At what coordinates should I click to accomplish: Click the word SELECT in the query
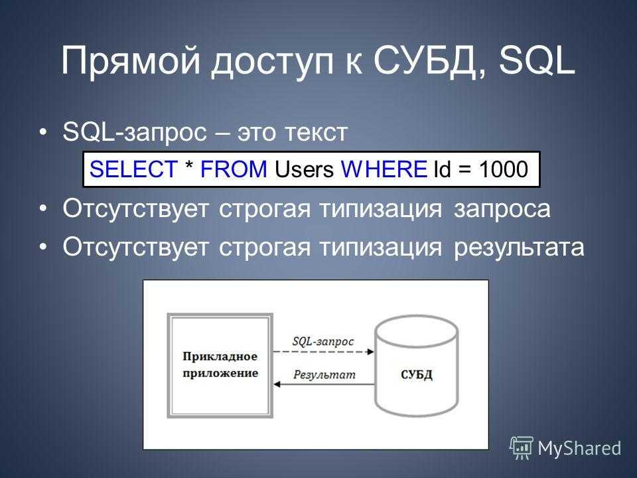(x=133, y=169)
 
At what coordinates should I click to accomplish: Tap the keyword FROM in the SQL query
(x=234, y=169)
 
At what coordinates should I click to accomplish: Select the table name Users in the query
(x=305, y=169)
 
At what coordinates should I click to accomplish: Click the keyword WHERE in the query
(x=384, y=169)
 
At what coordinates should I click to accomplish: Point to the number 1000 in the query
(x=504, y=169)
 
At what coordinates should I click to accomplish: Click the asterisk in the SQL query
(x=189, y=165)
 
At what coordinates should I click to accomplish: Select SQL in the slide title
(x=537, y=61)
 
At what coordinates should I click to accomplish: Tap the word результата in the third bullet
(x=519, y=248)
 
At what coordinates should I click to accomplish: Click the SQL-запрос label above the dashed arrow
(x=323, y=341)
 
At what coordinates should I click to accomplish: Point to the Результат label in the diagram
(x=324, y=374)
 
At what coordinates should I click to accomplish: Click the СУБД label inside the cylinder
(x=417, y=374)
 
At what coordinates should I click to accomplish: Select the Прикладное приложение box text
(x=220, y=364)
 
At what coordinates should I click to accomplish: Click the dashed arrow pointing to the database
(x=323, y=352)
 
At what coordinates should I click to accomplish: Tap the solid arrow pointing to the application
(x=324, y=384)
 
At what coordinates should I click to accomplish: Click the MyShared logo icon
(x=522, y=448)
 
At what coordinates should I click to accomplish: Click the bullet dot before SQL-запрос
(x=44, y=133)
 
